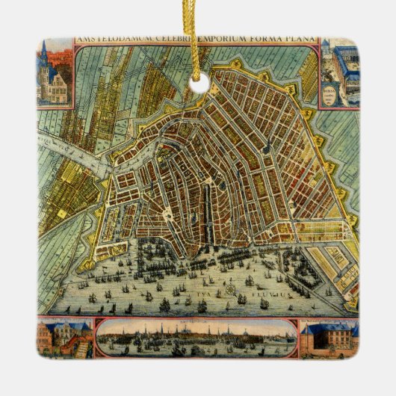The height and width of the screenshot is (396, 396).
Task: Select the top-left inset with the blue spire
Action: click(x=55, y=75)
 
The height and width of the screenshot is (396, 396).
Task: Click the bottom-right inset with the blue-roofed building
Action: click(x=330, y=337)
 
